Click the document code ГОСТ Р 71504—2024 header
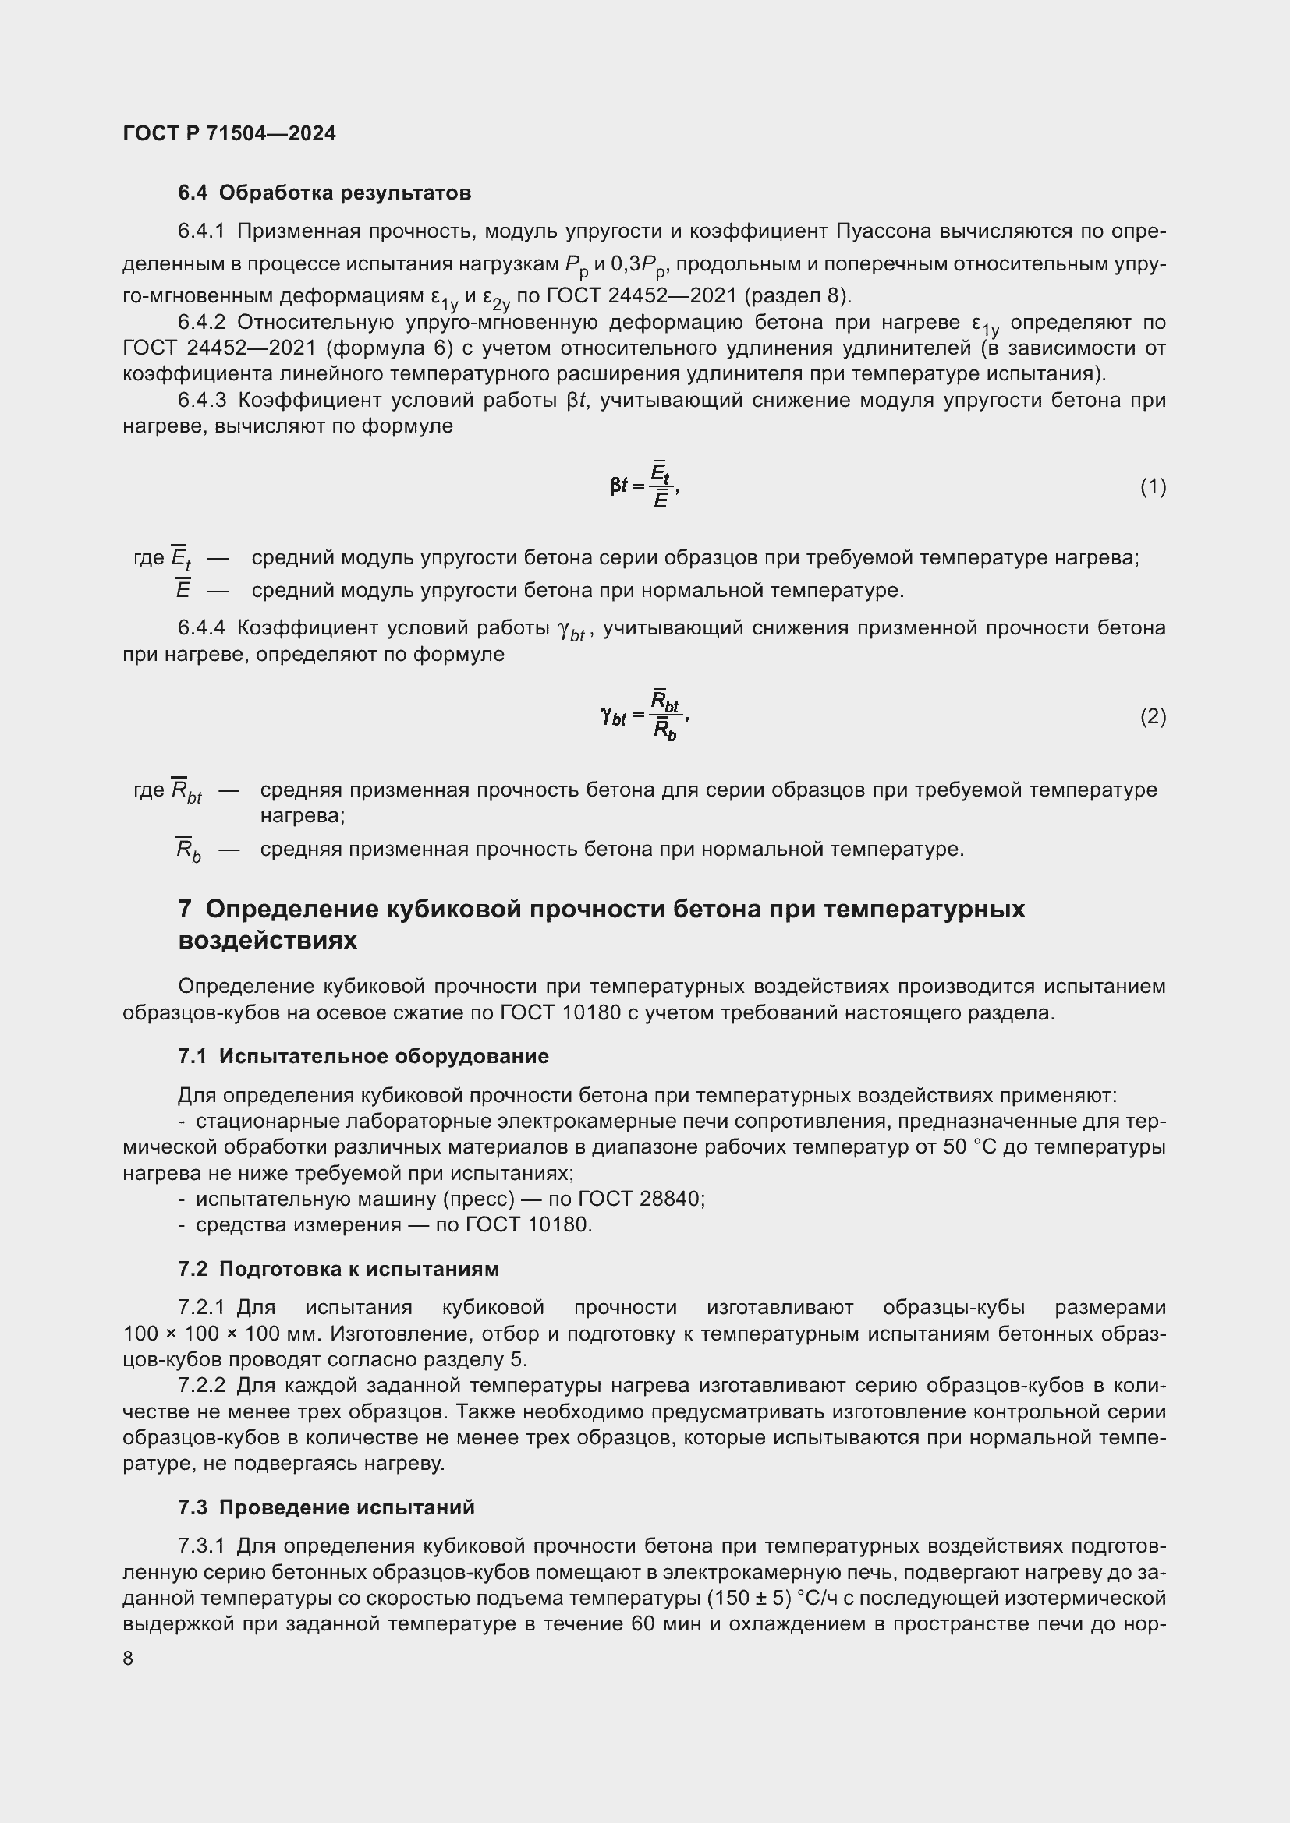(x=229, y=133)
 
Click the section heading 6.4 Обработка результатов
(x=324, y=193)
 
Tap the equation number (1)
(x=1153, y=486)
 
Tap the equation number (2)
(x=1153, y=717)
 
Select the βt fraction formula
(x=643, y=485)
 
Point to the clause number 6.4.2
(x=202, y=323)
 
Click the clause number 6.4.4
(x=202, y=628)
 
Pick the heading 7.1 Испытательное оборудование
(x=363, y=1056)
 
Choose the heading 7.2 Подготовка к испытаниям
(x=338, y=1269)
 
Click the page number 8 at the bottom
(x=128, y=1659)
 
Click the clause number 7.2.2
(x=202, y=1386)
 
